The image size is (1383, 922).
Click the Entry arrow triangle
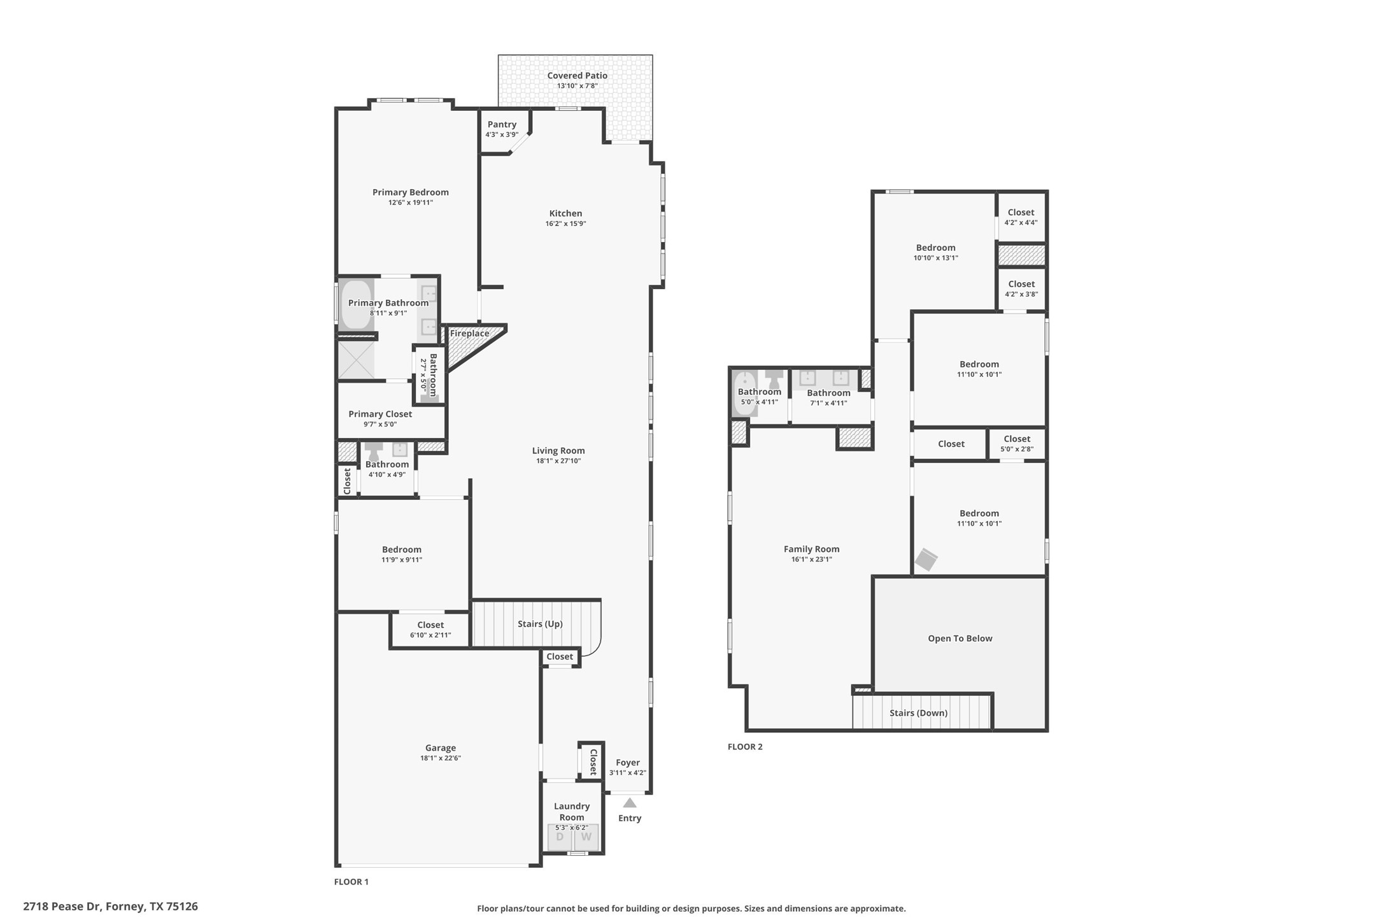630,802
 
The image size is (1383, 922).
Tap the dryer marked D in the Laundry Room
560,837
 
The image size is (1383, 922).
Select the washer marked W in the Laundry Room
586,837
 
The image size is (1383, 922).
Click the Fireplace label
470,333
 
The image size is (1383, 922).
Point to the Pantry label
502,124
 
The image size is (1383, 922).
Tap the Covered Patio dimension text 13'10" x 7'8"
577,85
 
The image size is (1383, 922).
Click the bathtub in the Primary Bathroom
356,305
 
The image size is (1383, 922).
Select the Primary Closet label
380,414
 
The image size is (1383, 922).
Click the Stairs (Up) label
540,624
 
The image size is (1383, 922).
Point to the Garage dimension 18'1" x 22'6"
440,758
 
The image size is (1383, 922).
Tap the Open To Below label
960,638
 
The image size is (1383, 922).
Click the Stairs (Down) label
918,713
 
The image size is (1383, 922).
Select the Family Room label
811,549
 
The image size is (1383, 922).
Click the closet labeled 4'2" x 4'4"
1021,217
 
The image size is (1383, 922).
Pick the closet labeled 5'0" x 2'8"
1017,444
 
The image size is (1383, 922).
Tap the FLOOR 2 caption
745,746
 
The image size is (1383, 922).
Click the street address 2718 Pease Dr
61,906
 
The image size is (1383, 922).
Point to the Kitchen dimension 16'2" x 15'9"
565,223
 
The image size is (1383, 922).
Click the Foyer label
627,762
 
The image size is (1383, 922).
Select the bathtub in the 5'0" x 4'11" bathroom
744,394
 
